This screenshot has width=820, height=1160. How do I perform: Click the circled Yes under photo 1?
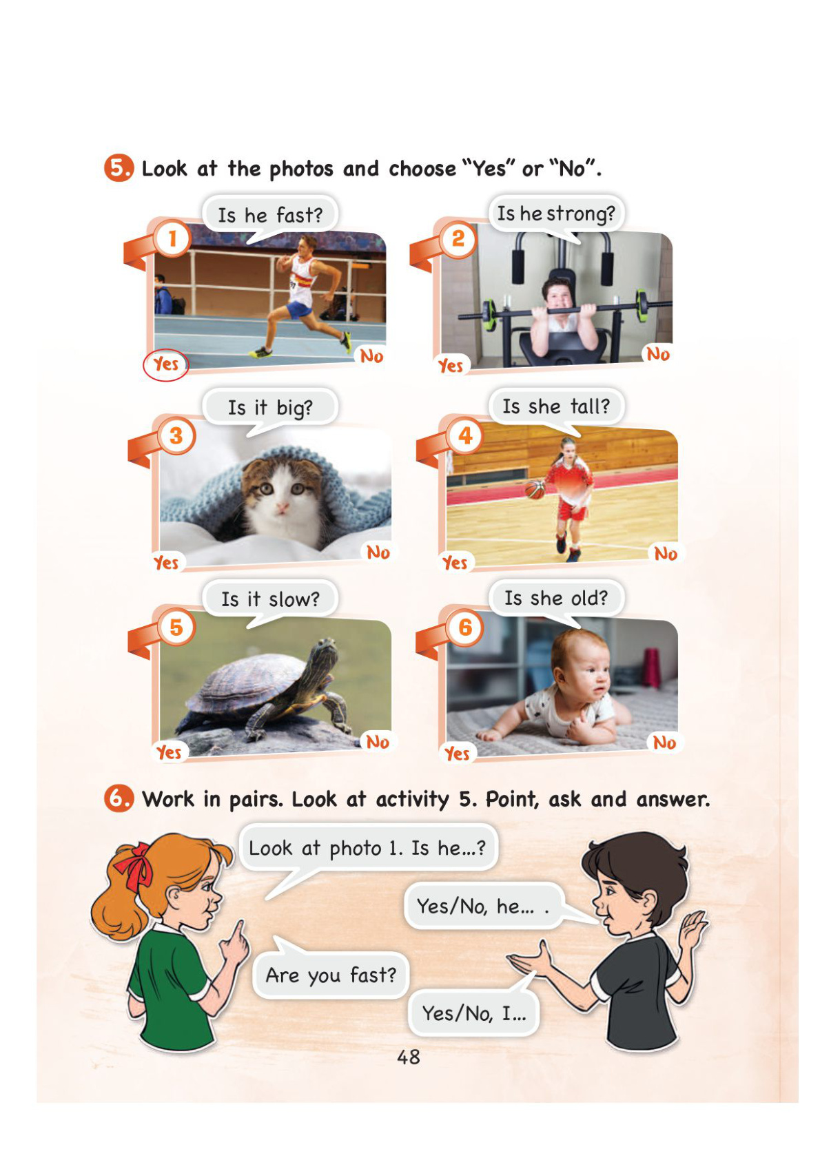pos(166,364)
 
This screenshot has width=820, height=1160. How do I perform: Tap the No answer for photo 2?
pos(658,354)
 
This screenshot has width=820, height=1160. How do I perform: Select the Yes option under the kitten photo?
pos(166,562)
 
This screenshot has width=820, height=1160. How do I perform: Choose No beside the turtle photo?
pos(378,742)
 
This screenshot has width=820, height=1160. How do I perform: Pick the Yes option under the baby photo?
pos(457,754)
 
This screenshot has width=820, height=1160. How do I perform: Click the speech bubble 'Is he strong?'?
pos(556,214)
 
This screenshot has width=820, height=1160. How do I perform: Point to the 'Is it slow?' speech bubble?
pos(270,600)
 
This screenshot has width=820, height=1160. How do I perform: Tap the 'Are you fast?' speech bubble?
pos(331,975)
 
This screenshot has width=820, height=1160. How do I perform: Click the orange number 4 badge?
pos(465,436)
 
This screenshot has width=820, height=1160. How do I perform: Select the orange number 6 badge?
pos(465,628)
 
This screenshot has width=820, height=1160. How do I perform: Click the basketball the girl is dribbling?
pos(535,489)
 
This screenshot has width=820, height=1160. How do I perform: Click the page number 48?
pos(409,1057)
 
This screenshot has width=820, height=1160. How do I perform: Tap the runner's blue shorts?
pos(299,309)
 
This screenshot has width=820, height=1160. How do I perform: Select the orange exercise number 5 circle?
pos(119,168)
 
